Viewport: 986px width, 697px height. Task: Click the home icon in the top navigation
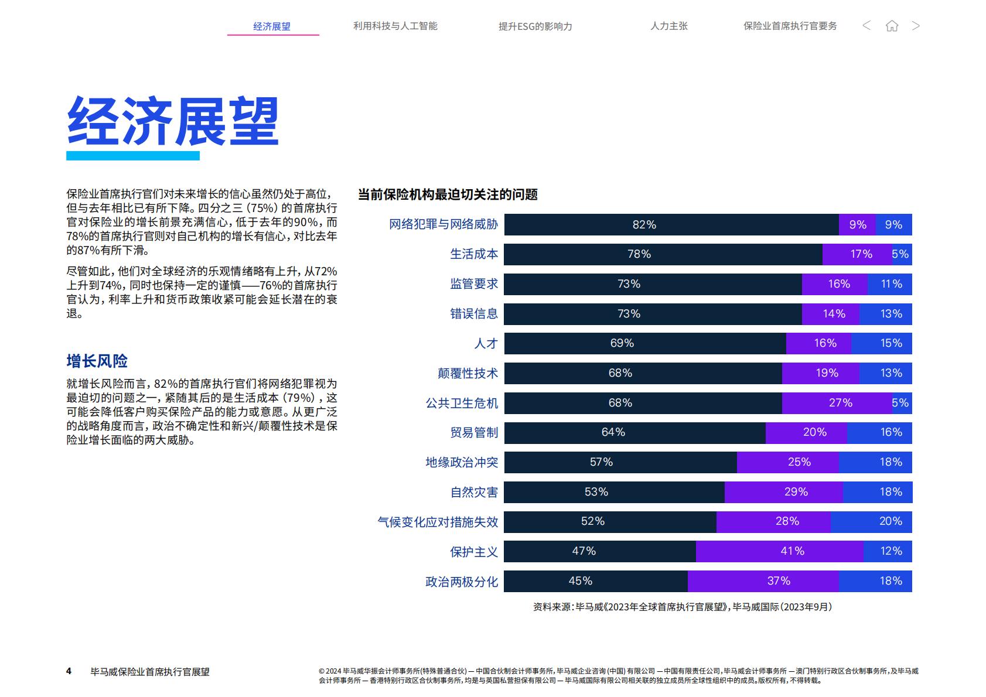pos(892,26)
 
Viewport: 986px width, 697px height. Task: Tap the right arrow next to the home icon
pos(916,26)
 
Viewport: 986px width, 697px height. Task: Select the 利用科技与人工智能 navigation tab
pos(395,26)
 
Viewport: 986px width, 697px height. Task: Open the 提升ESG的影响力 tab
pos(535,26)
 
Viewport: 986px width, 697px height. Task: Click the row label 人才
pos(486,343)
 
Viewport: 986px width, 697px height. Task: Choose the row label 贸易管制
pos(474,432)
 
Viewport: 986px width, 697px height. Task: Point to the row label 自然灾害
pos(474,492)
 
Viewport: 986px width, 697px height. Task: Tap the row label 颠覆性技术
pos(468,373)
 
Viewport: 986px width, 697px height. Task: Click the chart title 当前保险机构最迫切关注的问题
pos(448,194)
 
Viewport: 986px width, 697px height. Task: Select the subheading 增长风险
pos(97,361)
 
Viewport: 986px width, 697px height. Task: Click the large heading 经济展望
pos(173,121)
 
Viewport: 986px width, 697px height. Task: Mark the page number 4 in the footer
pos(69,671)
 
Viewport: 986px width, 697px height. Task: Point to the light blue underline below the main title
pos(133,156)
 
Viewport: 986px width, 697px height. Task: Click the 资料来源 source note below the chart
pos(682,607)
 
